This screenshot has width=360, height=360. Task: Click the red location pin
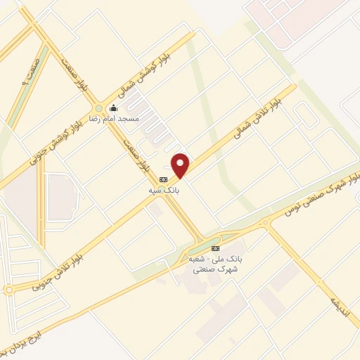point(181,165)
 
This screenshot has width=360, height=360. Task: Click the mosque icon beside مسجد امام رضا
point(113,108)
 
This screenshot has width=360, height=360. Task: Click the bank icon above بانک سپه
point(164,179)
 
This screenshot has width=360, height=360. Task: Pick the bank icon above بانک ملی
point(215,248)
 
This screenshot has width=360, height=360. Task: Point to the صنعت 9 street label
point(34,70)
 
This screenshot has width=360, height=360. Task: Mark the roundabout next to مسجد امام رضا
point(98,108)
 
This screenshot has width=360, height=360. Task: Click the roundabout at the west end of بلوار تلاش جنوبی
point(8,290)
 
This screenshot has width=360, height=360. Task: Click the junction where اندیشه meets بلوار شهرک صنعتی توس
point(266,224)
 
